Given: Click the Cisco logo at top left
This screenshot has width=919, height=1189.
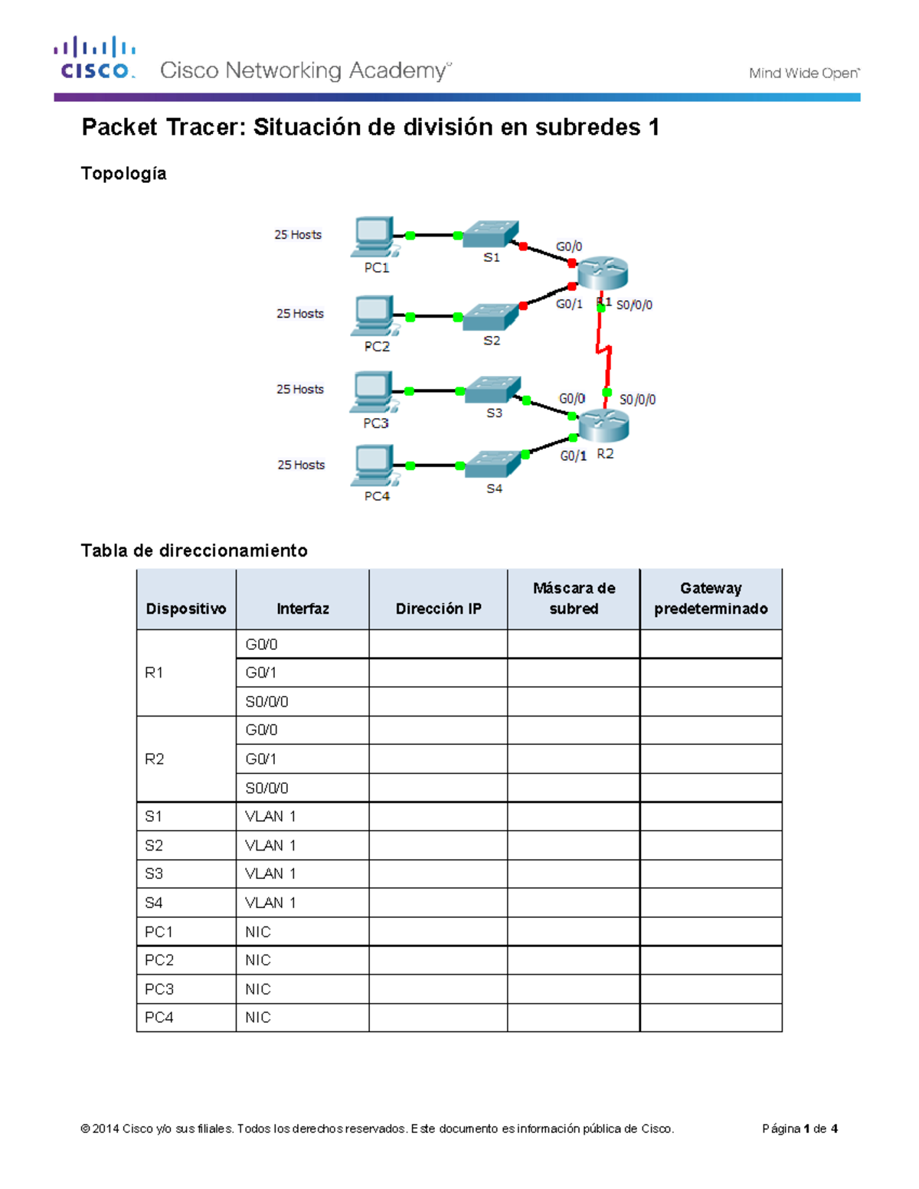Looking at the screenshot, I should tap(94, 58).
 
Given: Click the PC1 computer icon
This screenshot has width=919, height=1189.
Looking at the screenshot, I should tap(374, 236).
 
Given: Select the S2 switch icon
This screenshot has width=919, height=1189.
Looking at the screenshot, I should tap(491, 316).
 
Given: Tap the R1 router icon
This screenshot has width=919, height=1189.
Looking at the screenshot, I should tap(603, 273).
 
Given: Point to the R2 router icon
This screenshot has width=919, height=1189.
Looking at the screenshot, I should tap(603, 425).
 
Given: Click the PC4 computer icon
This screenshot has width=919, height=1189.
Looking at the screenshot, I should tap(374, 465).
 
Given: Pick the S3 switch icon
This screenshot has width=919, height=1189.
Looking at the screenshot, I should tap(492, 390).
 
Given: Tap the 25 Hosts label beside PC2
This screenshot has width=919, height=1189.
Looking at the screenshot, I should tap(300, 314).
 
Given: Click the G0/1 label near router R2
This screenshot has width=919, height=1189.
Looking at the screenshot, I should tap(573, 456).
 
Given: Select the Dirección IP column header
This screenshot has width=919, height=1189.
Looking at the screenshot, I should tap(438, 609).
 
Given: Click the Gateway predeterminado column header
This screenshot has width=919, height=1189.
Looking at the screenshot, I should tap(711, 599).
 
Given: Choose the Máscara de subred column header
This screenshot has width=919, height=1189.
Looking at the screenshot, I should tap(574, 599).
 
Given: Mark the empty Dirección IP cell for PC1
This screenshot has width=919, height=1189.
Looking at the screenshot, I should tap(438, 932).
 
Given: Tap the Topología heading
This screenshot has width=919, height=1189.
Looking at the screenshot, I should tap(124, 174).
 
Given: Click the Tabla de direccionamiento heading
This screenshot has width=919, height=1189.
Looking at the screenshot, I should tap(195, 550).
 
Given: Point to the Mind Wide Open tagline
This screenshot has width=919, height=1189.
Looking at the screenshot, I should tap(803, 73).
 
